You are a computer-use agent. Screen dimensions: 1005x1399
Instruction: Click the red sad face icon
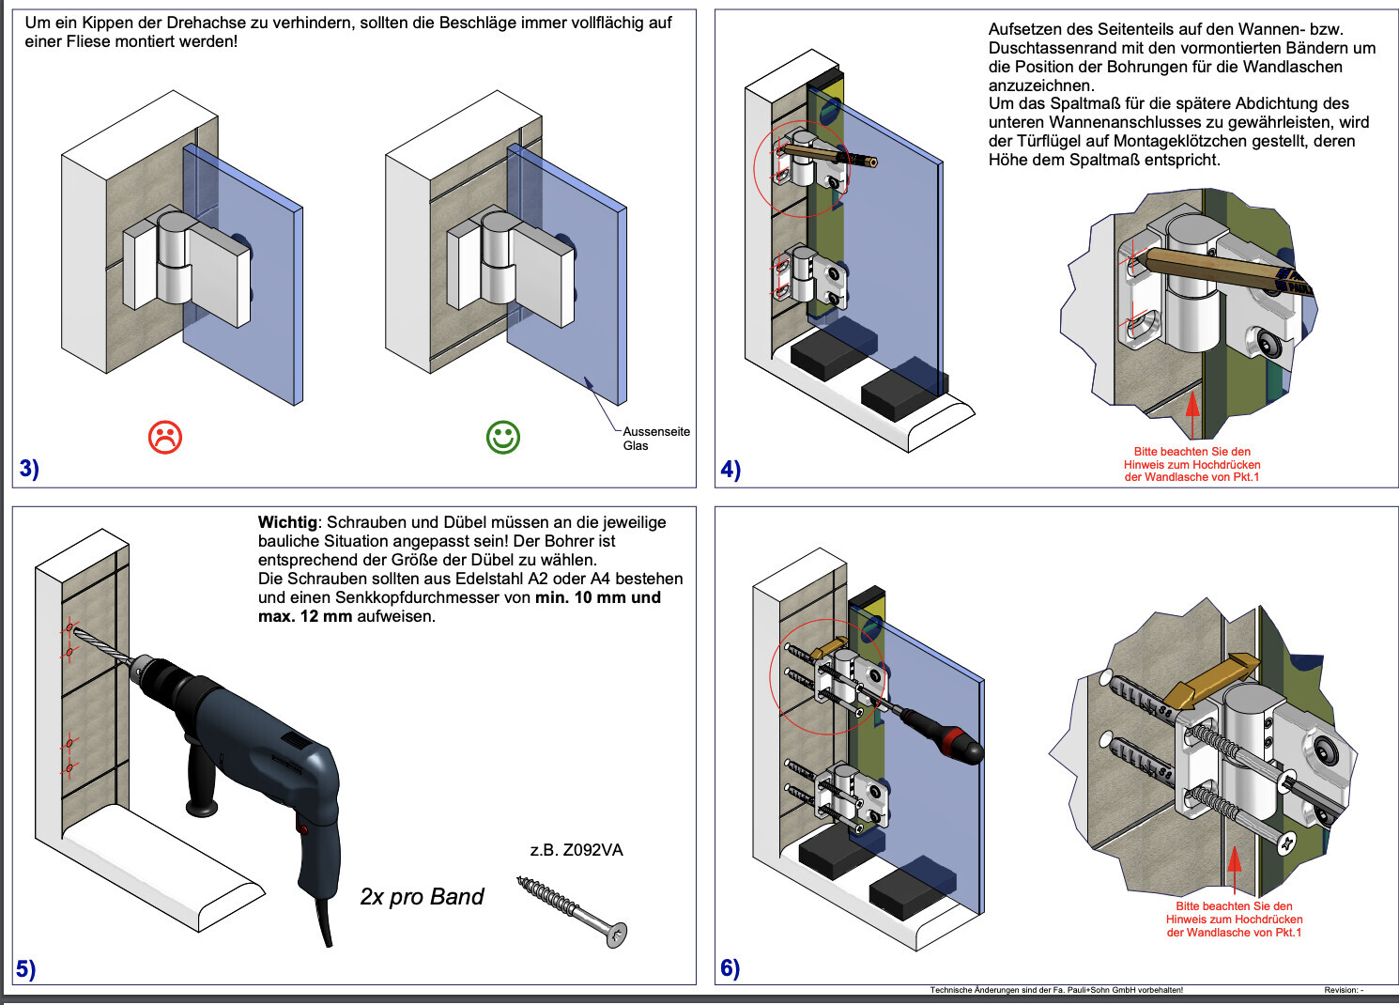(165, 437)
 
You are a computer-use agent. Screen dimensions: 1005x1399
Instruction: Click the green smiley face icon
(503, 437)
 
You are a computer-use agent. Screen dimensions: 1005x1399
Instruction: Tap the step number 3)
(29, 468)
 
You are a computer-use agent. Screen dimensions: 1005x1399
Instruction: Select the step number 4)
(730, 469)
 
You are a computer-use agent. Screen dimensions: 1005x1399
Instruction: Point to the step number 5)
(25, 968)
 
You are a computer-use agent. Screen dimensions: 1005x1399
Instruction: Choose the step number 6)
(730, 967)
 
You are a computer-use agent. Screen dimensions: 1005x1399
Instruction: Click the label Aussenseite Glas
(655, 439)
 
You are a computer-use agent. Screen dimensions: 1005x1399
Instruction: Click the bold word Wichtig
(287, 522)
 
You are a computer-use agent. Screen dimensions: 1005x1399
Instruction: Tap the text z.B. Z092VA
(577, 850)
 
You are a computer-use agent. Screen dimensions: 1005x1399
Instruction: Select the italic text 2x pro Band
(422, 897)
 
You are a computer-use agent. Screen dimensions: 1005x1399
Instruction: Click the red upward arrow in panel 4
(1192, 413)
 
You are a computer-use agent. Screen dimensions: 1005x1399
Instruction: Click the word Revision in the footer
(1340, 990)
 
